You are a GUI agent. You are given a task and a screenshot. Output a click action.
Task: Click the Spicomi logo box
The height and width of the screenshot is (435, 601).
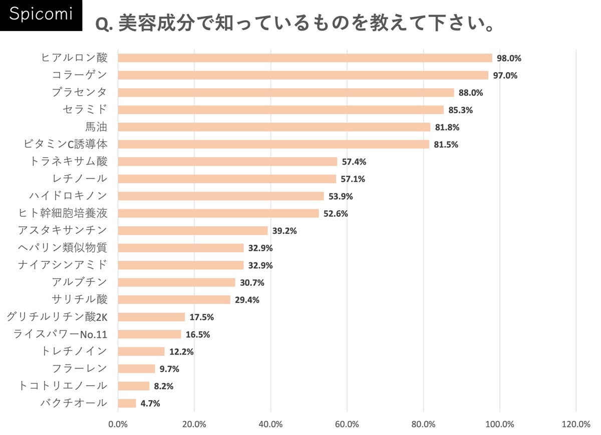click(x=41, y=16)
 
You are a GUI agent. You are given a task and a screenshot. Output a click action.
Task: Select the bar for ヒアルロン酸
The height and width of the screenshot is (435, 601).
click(x=305, y=58)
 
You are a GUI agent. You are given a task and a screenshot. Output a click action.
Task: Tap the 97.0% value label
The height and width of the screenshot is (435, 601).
click(x=505, y=76)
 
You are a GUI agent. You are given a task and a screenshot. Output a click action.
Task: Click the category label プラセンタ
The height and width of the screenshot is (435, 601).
click(x=80, y=92)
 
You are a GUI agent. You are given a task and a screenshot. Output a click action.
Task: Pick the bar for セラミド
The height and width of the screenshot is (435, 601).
click(x=280, y=110)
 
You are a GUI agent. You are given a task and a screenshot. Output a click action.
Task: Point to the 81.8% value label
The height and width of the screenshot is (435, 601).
click(x=447, y=127)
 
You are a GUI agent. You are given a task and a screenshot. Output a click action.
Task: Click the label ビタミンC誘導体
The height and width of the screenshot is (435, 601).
click(x=66, y=144)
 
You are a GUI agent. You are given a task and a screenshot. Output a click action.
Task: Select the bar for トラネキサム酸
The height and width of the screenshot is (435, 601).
click(x=227, y=162)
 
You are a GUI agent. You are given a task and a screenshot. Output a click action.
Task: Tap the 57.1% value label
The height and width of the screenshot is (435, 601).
click(x=353, y=179)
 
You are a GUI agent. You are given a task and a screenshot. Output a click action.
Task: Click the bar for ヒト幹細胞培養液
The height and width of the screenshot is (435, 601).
click(x=218, y=213)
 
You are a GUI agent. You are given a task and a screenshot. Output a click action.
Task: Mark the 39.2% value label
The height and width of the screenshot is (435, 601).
click(x=284, y=231)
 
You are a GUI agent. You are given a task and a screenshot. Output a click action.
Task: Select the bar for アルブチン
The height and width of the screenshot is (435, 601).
click(x=176, y=282)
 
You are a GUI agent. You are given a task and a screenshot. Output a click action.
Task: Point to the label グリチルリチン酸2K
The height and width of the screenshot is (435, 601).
click(x=57, y=317)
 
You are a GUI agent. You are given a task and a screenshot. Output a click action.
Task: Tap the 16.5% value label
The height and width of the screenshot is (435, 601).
click(x=197, y=334)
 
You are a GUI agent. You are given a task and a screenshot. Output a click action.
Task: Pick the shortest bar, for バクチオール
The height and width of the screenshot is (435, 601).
click(x=127, y=403)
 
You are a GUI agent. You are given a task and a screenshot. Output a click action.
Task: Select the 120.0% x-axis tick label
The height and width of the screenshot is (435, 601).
click(x=576, y=424)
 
